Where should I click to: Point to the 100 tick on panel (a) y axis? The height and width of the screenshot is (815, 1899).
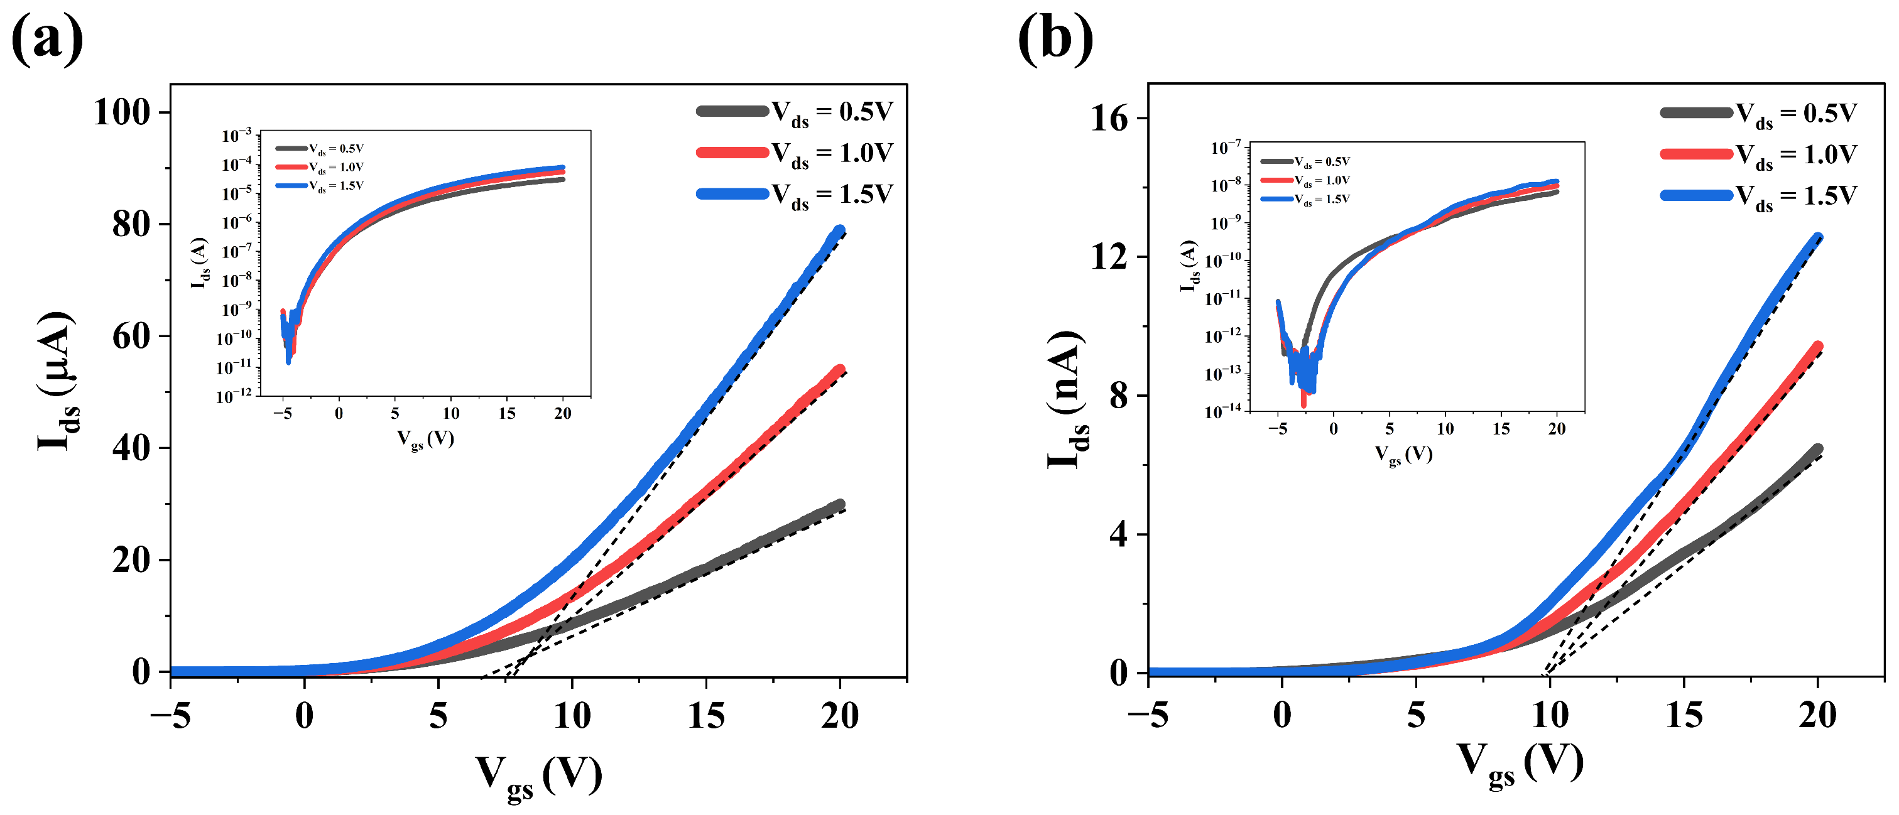coord(122,113)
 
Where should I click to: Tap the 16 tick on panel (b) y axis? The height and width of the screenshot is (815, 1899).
coord(1109,119)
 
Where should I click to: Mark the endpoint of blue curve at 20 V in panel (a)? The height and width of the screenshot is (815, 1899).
coord(839,230)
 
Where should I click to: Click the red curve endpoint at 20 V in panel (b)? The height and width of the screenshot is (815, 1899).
coord(1817,347)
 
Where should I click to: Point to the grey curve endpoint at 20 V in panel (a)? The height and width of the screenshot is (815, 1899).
coord(839,505)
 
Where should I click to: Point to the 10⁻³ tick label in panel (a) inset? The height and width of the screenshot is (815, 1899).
coord(237,136)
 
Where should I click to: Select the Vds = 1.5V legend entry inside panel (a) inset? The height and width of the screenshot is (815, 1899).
coord(320,186)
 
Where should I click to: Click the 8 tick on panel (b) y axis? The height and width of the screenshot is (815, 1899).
coord(1118,396)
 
